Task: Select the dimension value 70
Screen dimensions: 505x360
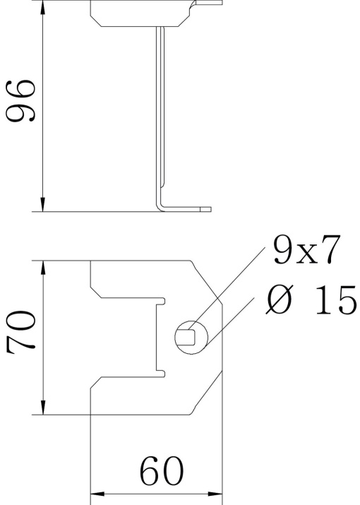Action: coord(22,332)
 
